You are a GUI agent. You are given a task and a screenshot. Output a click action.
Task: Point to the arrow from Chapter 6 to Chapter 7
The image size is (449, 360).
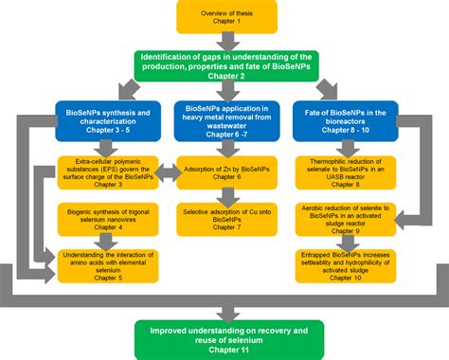point(224,198)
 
